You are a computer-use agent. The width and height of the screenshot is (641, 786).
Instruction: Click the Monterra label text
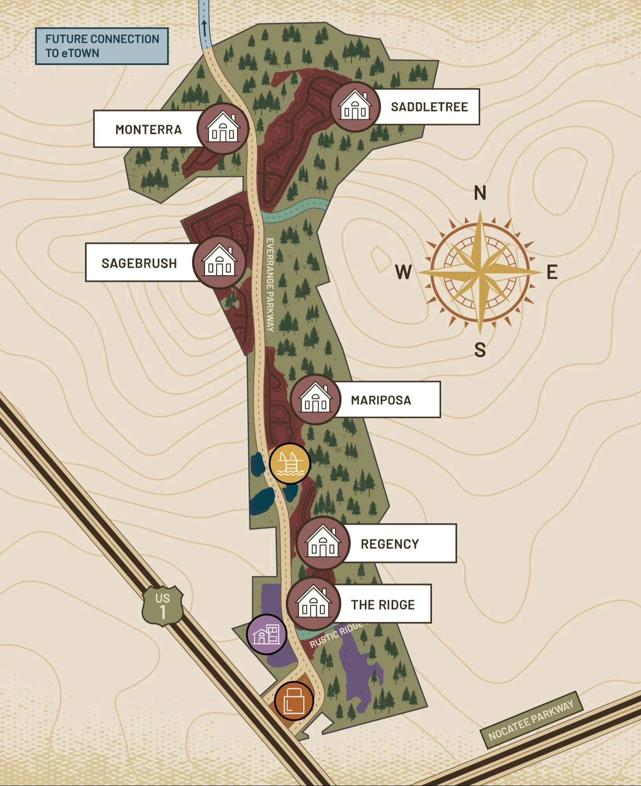point(148,129)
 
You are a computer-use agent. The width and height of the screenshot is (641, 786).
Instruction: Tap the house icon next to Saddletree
point(355,107)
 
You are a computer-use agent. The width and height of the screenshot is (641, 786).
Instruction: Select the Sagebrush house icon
point(219,262)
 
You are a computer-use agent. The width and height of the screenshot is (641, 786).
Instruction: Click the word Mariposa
point(381,400)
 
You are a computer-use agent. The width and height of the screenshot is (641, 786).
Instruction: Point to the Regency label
point(390,544)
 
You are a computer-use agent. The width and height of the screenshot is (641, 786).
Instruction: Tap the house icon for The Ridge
point(313,604)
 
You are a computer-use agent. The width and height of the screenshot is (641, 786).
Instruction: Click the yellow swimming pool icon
point(290,464)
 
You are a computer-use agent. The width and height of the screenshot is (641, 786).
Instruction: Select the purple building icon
point(267,634)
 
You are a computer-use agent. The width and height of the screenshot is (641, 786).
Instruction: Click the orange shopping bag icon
point(294,701)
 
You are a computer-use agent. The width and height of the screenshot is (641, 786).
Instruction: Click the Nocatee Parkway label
point(531,720)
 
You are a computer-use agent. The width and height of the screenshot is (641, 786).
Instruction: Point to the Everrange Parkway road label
point(270,284)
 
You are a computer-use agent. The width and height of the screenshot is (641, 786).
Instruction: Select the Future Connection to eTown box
point(102,46)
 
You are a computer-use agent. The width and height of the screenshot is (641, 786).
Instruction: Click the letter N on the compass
point(480,193)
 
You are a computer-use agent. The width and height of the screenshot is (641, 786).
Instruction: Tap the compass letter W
point(403,272)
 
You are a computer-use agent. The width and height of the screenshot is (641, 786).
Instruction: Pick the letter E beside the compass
point(552,272)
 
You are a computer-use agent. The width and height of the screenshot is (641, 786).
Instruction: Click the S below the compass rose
point(480,349)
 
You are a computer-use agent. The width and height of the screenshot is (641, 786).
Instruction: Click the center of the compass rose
point(480,271)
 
